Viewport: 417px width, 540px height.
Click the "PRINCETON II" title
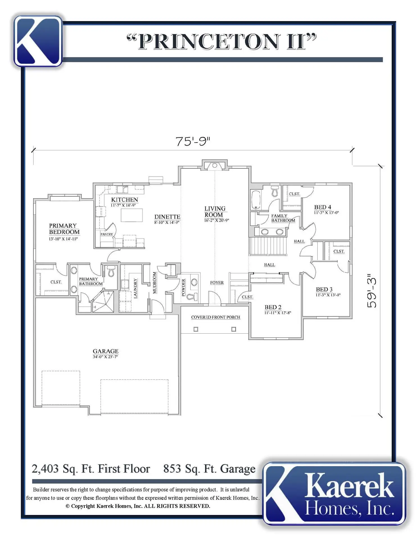tap(221, 42)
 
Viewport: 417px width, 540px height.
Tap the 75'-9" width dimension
tap(193, 141)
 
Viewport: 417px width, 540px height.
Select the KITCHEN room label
tap(124, 200)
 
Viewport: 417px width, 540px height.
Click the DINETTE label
tap(167, 217)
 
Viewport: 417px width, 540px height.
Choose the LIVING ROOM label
tap(215, 211)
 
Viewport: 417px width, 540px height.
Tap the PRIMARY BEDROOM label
tap(64, 229)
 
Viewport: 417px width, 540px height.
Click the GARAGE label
tap(106, 351)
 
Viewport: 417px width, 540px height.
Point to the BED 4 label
tap(323, 207)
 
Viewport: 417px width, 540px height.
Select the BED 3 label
tap(324, 289)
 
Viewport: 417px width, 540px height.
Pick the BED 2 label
tap(273, 307)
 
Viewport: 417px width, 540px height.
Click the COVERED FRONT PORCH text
tap(216, 317)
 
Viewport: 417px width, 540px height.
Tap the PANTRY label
tap(107, 234)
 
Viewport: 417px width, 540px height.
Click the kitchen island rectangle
tap(132, 215)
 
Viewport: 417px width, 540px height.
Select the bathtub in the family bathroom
tap(256, 200)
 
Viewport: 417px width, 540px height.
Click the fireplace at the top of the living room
tap(215, 165)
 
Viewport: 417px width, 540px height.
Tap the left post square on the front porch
tap(196, 329)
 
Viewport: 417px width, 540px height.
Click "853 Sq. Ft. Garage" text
tap(209, 469)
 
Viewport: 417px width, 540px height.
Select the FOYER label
tap(217, 282)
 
